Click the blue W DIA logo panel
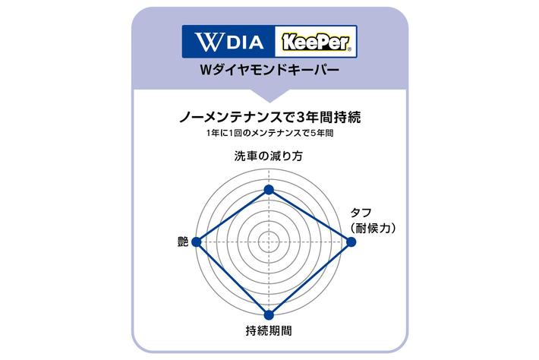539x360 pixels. pyautogui.click(x=229, y=41)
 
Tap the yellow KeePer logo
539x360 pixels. pyautogui.click(x=317, y=42)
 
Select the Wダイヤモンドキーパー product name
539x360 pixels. pyautogui.click(x=269, y=70)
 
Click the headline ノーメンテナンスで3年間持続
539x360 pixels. pyautogui.click(x=269, y=118)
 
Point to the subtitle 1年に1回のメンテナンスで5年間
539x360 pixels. pyautogui.click(x=269, y=133)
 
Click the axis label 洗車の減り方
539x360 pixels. pyautogui.click(x=269, y=156)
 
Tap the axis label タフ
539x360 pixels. pyautogui.click(x=361, y=213)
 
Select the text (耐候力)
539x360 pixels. pyautogui.click(x=373, y=228)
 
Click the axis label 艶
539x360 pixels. pyautogui.click(x=183, y=242)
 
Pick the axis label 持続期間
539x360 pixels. pyautogui.click(x=269, y=330)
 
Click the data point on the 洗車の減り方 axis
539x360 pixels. pyautogui.click(x=269, y=190)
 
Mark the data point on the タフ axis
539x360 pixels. pyautogui.click(x=351, y=242)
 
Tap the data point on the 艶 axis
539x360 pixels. pyautogui.click(x=197, y=242)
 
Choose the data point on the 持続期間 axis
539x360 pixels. pyautogui.click(x=269, y=315)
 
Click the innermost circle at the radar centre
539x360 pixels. pyautogui.click(x=269, y=242)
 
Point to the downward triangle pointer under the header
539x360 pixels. pyautogui.click(x=269, y=96)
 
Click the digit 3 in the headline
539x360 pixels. pyautogui.click(x=300, y=118)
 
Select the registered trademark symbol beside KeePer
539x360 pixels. pyautogui.click(x=350, y=49)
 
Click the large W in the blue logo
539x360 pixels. pyautogui.click(x=208, y=42)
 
